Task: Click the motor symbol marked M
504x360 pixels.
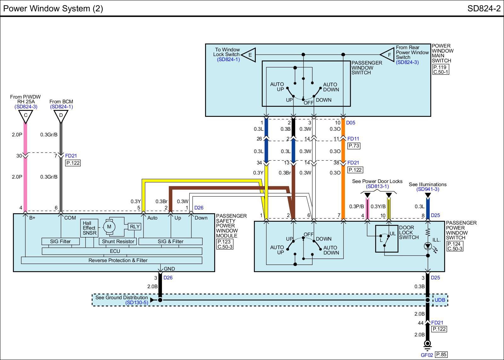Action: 109,226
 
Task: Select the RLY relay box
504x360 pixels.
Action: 135,226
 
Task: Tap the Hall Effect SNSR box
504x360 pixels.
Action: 89,228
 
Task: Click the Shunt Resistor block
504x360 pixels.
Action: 118,242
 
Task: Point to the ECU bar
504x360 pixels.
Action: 122,251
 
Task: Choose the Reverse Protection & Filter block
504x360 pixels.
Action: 112,260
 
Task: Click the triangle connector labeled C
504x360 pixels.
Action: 26,116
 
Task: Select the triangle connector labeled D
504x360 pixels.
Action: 61,116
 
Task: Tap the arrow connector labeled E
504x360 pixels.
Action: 249,55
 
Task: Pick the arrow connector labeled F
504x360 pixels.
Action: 387,54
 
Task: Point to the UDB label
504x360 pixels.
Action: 440,300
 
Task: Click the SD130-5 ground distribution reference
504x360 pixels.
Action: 137,303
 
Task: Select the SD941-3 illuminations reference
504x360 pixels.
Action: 428,189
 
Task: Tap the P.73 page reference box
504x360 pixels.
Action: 354,146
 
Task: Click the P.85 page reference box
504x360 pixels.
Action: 441,355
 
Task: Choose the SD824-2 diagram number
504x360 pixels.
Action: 484,9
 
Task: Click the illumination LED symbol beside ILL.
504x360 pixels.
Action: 428,246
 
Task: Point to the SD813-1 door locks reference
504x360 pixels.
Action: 377,186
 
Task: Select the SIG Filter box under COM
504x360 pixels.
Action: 60,242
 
